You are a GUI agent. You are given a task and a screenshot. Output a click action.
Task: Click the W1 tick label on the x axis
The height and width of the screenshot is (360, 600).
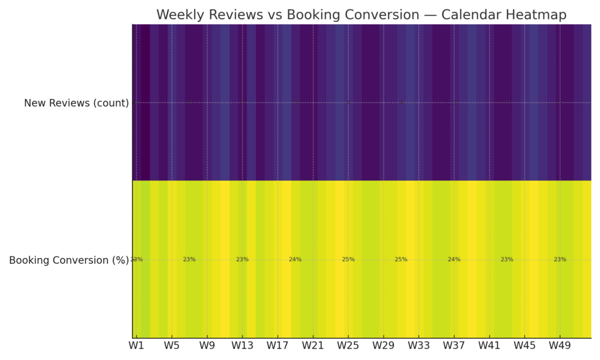tap(137, 346)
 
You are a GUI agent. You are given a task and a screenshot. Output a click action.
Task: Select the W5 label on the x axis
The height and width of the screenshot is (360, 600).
tap(172, 346)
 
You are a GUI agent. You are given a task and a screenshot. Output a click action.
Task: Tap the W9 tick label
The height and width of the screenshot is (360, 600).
tap(207, 346)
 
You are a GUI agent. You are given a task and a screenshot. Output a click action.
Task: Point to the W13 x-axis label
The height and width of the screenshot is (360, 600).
tap(242, 346)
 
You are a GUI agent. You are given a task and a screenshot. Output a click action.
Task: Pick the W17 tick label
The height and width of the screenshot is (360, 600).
tap(278, 346)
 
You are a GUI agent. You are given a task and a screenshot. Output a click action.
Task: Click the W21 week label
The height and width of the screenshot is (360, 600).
tap(313, 346)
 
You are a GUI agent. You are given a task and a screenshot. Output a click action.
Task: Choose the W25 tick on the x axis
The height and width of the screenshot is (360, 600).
tap(348, 346)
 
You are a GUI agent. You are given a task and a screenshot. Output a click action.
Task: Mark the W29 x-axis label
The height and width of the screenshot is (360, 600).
tap(383, 346)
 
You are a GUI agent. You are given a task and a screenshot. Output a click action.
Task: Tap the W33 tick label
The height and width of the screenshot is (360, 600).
tap(418, 346)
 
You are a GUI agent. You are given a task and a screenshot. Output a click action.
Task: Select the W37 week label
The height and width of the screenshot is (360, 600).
tap(454, 346)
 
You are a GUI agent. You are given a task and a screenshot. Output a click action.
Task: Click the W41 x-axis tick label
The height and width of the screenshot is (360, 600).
tap(489, 346)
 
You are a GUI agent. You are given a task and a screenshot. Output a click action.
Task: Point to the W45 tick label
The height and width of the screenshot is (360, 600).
tap(524, 346)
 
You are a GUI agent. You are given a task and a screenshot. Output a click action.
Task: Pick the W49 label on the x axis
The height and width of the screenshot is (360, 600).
tap(560, 346)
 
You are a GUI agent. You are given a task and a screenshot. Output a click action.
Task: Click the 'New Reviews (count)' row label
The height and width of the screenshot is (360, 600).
tap(76, 103)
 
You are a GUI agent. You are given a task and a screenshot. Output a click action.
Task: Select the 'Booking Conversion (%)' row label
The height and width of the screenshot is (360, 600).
tap(69, 260)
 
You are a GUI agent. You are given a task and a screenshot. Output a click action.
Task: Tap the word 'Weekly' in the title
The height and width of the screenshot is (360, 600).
tap(179, 15)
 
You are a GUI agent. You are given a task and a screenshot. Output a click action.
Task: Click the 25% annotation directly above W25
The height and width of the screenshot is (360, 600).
tap(348, 259)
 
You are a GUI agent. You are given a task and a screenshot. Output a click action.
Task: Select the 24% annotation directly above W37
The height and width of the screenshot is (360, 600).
tap(454, 259)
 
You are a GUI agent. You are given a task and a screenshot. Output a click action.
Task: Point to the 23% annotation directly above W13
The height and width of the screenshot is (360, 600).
tap(242, 259)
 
